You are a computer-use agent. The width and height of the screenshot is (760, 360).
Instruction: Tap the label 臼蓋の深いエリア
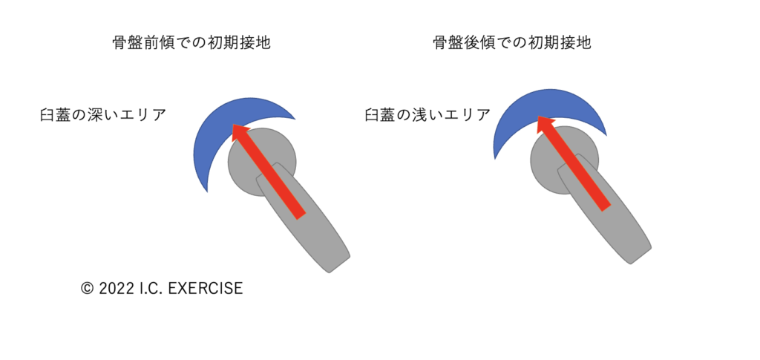pos(103,116)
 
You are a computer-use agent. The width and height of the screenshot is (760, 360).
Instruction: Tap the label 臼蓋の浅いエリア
pos(427,116)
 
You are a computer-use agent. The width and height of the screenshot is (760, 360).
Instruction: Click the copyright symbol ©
pos(87,289)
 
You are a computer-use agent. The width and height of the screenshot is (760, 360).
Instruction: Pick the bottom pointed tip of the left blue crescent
pos(207,192)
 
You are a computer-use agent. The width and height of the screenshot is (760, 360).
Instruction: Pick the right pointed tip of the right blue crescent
pos(606,137)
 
